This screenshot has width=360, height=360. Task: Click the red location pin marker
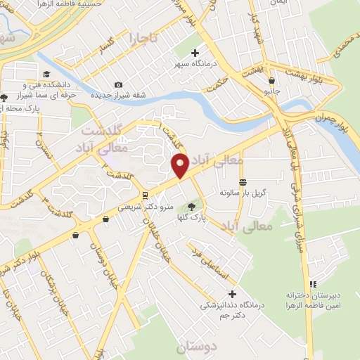point(180,166)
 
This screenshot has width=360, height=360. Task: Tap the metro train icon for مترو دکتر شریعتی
point(145,195)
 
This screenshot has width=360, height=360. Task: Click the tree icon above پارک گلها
point(191,206)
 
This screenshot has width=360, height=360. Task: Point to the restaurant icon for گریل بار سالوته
point(243,182)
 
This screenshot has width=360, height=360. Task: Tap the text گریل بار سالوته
point(243,192)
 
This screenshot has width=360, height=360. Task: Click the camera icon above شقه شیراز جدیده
point(118,85)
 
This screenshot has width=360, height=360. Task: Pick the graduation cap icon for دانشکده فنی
point(46,75)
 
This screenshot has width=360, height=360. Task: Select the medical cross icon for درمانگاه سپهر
point(195,53)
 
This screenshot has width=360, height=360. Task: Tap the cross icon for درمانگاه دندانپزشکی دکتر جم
point(233,293)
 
